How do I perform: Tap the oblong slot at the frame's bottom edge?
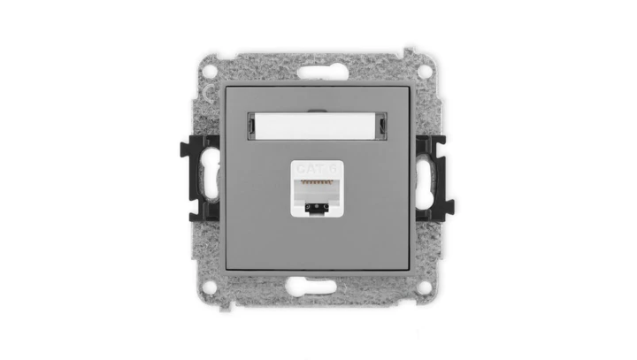[318, 284]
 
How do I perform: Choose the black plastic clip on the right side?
[438, 176]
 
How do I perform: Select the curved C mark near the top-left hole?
[206, 89]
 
